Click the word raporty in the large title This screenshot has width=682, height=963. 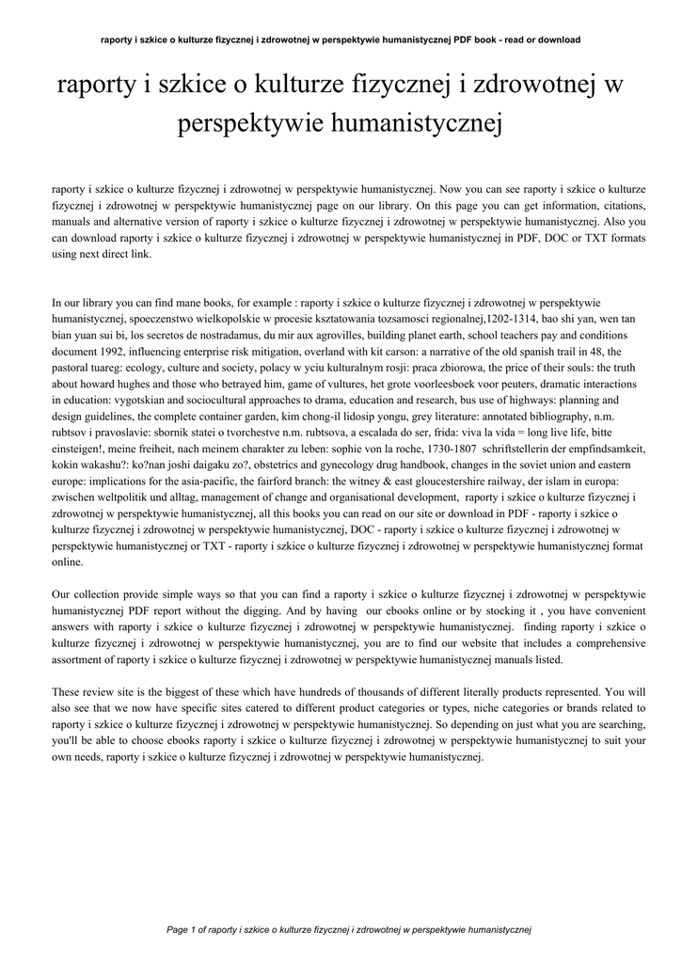tap(97, 86)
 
